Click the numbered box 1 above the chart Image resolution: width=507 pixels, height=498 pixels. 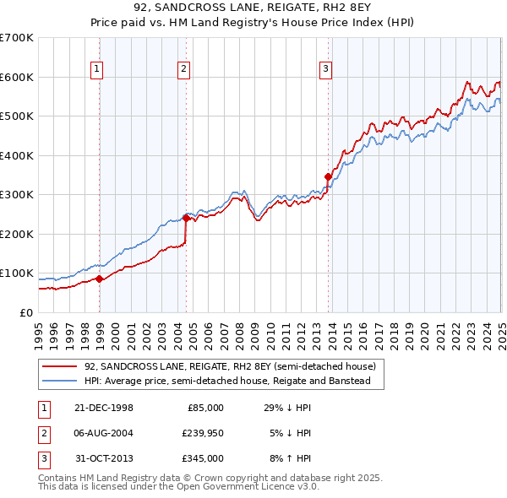[98, 69]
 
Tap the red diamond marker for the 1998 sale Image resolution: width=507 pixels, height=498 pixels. [100, 279]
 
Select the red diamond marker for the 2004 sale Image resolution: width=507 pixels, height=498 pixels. [186, 218]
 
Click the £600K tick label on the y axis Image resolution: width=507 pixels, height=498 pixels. [17, 77]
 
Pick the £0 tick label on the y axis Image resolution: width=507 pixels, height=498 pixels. [27, 312]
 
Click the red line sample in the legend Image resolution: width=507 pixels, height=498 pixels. [59, 366]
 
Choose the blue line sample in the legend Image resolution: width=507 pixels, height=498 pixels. [59, 381]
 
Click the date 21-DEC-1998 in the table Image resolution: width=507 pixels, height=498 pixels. [103, 408]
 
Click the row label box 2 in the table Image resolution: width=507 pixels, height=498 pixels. [42, 434]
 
